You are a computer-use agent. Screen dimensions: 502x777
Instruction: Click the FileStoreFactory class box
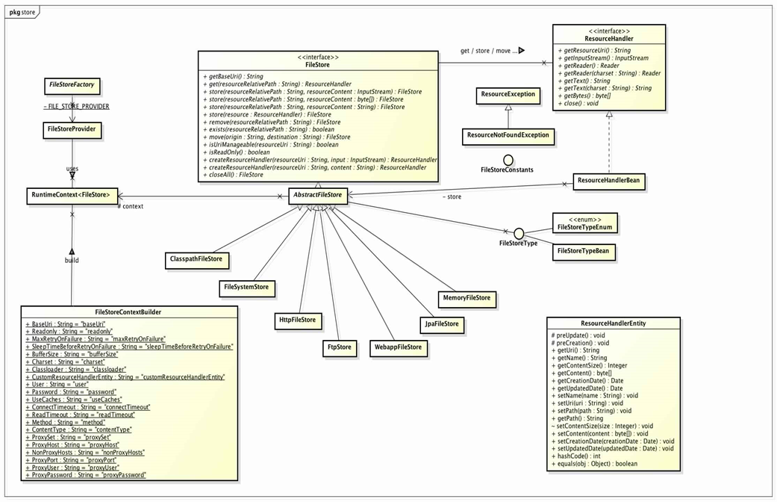72,85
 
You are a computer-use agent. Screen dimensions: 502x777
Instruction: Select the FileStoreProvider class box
72,128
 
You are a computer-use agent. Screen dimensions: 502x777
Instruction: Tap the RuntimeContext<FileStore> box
72,196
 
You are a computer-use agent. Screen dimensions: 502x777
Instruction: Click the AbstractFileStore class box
318,196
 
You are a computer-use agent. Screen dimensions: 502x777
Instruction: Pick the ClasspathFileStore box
197,259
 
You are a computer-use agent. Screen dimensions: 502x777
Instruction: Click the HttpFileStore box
297,320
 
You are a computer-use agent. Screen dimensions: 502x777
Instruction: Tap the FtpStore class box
340,347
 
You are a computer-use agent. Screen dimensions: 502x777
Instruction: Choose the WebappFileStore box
398,347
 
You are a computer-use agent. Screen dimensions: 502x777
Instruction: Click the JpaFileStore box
440,324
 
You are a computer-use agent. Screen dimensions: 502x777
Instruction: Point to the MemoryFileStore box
467,298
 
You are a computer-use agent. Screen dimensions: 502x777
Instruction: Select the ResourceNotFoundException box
508,136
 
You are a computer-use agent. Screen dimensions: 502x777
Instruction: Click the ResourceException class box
508,95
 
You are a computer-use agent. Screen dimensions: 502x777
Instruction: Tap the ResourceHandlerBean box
610,180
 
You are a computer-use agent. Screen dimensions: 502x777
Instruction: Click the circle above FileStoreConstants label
508,160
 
